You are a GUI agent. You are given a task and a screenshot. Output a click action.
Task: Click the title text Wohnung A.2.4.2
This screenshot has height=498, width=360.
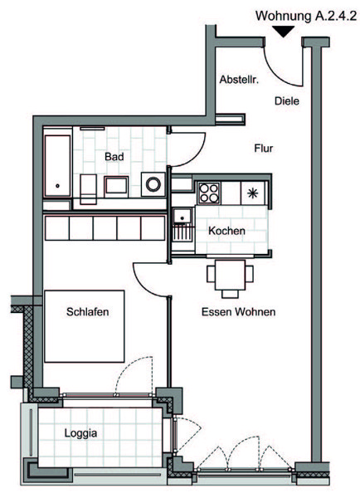pyautogui.click(x=306, y=16)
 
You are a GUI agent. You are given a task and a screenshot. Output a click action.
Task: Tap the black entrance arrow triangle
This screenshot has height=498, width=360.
pyautogui.click(x=284, y=32)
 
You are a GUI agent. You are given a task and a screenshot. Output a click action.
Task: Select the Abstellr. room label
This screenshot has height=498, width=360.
pyautogui.click(x=239, y=80)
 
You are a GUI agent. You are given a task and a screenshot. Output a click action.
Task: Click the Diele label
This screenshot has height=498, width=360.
pyautogui.click(x=287, y=101)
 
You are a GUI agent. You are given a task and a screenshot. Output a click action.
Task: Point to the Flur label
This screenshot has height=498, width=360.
pyautogui.click(x=264, y=149)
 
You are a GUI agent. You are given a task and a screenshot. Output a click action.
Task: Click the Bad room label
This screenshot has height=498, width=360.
pyautogui.click(x=114, y=157)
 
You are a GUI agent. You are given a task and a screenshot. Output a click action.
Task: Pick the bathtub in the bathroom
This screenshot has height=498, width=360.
pyautogui.click(x=57, y=166)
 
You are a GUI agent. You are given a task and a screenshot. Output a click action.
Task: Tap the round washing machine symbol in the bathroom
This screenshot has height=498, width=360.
pyautogui.click(x=153, y=184)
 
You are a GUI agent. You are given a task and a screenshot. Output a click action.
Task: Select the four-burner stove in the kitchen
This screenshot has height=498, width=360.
pyautogui.click(x=208, y=193)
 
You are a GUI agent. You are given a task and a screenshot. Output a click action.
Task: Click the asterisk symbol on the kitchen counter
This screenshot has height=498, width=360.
pyautogui.click(x=253, y=193)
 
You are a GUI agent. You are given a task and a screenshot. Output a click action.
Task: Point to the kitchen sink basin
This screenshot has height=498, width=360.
pyautogui.click(x=182, y=217)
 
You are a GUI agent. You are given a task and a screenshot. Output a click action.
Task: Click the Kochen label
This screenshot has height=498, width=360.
pyautogui.click(x=226, y=231)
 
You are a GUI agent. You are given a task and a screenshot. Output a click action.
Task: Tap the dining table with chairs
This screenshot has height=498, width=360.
pyautogui.click(x=230, y=277)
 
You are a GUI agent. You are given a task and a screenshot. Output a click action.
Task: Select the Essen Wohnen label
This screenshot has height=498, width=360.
pyautogui.click(x=238, y=312)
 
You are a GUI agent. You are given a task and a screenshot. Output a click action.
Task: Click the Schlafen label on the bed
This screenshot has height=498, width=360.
pyautogui.click(x=87, y=311)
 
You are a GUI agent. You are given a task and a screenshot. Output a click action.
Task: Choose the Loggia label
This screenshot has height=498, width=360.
pyautogui.click(x=80, y=433)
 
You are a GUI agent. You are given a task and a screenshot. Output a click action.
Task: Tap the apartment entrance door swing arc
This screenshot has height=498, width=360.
pyautogui.click(x=275, y=75)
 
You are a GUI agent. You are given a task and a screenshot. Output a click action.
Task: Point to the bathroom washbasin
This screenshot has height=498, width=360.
pyautogui.click(x=116, y=185)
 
